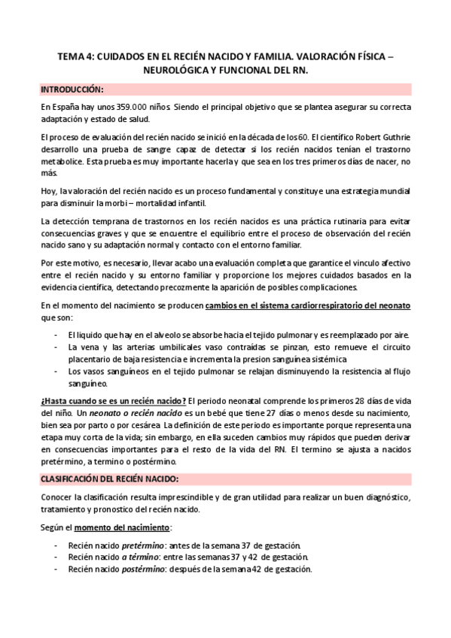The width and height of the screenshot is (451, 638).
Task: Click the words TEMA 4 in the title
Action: pos(75,55)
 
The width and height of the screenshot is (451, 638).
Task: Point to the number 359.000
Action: pos(114,107)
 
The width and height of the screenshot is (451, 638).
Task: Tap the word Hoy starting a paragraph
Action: pos(48,190)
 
